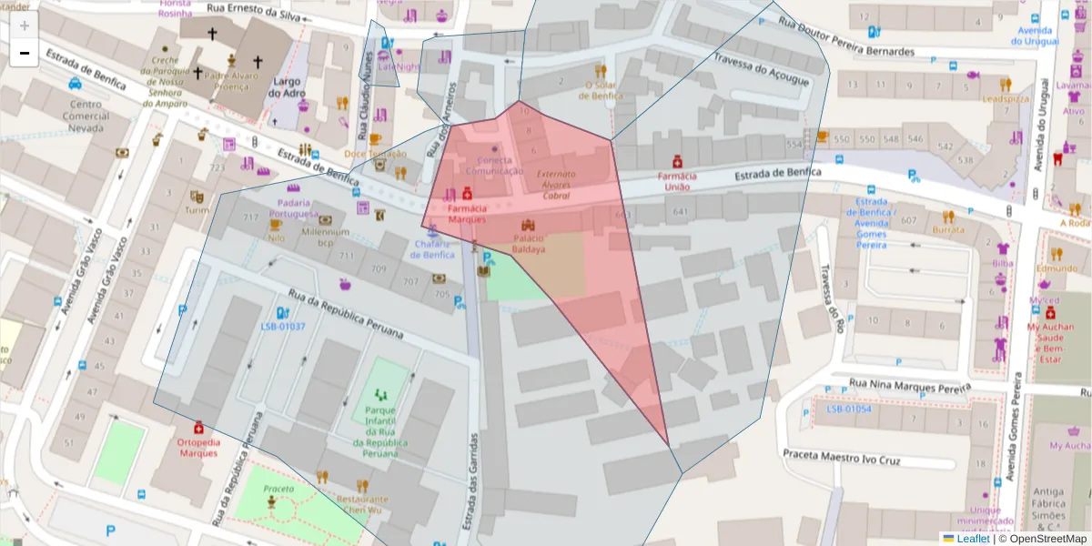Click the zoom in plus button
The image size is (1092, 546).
25,25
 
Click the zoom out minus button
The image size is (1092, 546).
25,53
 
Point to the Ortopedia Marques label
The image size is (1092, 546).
198,447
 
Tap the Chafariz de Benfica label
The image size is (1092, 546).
434,248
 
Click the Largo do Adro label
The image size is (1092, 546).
287,87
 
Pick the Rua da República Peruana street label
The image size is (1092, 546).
345,312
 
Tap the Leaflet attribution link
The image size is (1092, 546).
972,538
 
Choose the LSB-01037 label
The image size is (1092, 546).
283,327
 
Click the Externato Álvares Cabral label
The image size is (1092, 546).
556,184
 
